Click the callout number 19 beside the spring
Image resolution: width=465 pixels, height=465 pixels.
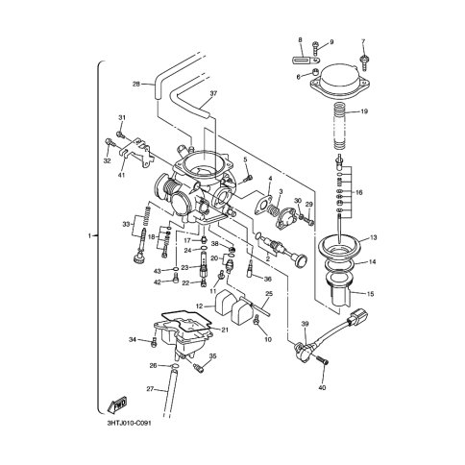(x=364, y=111)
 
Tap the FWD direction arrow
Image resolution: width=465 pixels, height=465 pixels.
(x=118, y=404)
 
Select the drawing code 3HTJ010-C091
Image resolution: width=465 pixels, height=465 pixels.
(x=129, y=423)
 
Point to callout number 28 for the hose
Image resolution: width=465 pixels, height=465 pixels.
(x=136, y=85)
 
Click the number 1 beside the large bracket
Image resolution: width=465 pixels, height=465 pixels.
(x=89, y=235)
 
